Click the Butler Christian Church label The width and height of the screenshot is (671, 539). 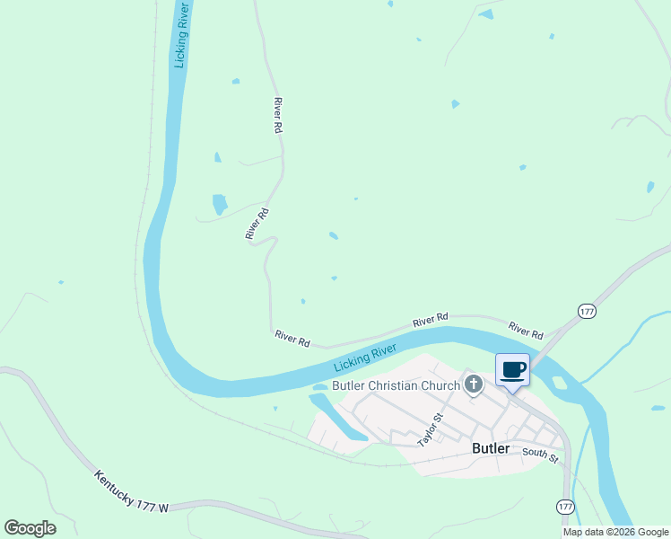(x=396, y=386)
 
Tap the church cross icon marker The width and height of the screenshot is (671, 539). (x=475, y=385)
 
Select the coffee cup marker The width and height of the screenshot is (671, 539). (x=513, y=370)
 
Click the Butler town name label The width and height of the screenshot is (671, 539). (x=491, y=448)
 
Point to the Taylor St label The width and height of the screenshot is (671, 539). (x=431, y=429)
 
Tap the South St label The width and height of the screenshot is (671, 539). (x=540, y=456)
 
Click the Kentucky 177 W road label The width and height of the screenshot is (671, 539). (x=131, y=491)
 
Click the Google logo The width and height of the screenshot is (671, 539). (x=30, y=528)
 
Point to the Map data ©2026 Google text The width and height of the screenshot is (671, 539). (x=615, y=532)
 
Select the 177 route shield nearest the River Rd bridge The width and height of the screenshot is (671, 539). (x=587, y=311)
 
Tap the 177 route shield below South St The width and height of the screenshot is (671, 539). (x=563, y=508)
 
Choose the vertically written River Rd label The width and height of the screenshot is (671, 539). (x=278, y=115)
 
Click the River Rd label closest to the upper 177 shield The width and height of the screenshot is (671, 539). (x=526, y=330)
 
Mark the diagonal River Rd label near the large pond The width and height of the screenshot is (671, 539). (x=257, y=224)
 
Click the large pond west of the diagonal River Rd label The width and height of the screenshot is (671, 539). (x=220, y=204)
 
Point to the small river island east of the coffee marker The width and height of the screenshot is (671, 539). (x=560, y=384)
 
